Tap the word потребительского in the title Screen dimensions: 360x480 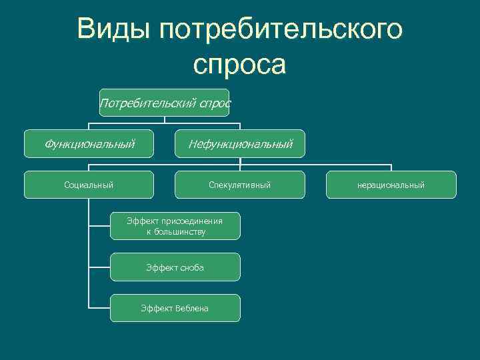[281, 31]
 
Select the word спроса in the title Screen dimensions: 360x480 [239, 65]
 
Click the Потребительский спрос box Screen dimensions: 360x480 [164, 103]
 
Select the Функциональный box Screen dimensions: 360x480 [89, 143]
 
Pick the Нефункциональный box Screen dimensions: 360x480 [239, 143]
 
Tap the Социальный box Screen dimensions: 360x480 [89, 185]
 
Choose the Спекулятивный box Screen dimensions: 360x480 [239, 185]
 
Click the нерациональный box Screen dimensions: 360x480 [391, 185]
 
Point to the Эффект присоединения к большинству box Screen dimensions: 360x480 [175, 226]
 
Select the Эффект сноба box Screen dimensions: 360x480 [175, 267]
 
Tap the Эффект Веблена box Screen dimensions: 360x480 [175, 308]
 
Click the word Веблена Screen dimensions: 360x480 [192, 308]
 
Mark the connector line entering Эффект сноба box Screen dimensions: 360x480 [99, 267]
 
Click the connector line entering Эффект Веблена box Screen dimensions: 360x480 [99, 307]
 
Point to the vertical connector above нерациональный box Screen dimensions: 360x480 [391, 167]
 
